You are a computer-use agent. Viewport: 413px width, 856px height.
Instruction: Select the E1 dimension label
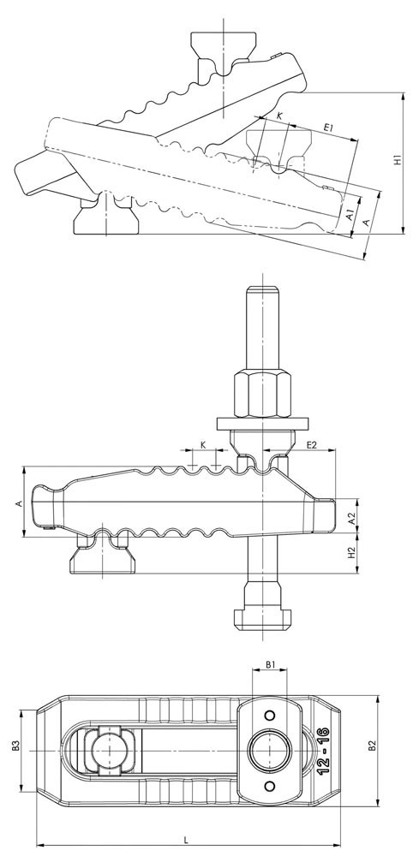(x=328, y=128)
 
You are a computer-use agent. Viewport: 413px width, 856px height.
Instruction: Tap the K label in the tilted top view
(x=279, y=116)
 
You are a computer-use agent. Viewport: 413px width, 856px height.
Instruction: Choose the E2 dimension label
(x=311, y=445)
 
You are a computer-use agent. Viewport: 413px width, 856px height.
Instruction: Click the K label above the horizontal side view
(x=203, y=445)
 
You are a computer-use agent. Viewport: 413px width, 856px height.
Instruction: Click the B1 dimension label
(x=270, y=664)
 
